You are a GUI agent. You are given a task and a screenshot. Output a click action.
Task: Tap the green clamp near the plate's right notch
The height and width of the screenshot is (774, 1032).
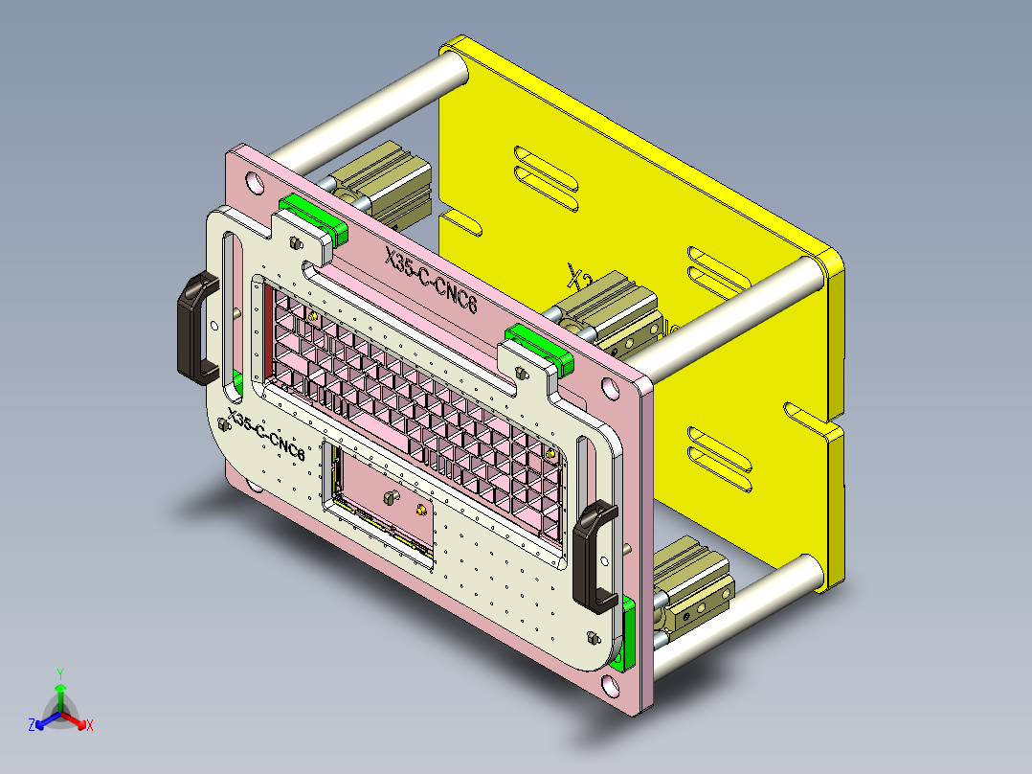click(x=538, y=347)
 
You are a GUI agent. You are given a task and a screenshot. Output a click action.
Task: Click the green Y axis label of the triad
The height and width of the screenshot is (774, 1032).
click(x=59, y=672)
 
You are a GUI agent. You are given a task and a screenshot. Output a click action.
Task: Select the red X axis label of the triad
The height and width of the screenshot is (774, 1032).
click(x=89, y=725)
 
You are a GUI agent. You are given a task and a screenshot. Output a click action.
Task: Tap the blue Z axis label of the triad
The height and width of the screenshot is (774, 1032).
click(x=32, y=725)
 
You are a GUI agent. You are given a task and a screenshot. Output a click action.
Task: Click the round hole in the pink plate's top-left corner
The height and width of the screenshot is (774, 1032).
click(x=253, y=180)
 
